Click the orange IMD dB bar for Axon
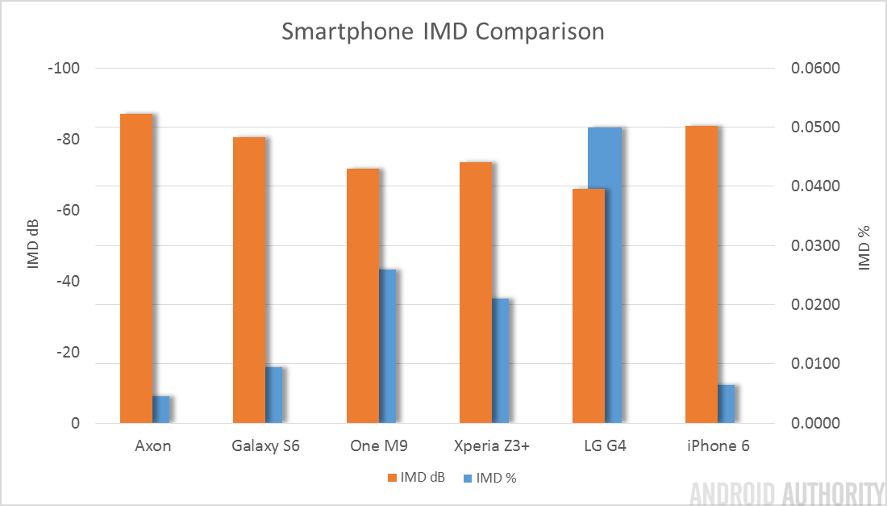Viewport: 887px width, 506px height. tap(136, 268)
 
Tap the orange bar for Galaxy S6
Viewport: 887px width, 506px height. tap(249, 279)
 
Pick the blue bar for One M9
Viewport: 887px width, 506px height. tap(387, 345)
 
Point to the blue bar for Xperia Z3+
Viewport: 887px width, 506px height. tap(500, 360)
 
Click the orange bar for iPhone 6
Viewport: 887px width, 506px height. tap(702, 274)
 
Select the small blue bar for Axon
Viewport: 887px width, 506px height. tap(161, 409)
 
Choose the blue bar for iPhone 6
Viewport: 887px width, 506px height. tap(727, 404)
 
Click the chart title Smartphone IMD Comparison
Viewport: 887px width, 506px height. tap(443, 32)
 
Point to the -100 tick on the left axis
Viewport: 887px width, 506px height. tap(65, 68)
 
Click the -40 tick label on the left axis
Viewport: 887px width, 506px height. tap(67, 281)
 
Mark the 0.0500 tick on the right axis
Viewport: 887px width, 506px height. tap(818, 128)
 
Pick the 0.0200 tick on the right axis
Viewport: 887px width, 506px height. tap(818, 305)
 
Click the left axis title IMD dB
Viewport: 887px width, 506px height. tap(33, 245)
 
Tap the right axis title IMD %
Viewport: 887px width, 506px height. tap(864, 245)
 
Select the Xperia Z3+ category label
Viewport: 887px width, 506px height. tap(491, 446)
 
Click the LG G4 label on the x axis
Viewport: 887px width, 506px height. tap(604, 446)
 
